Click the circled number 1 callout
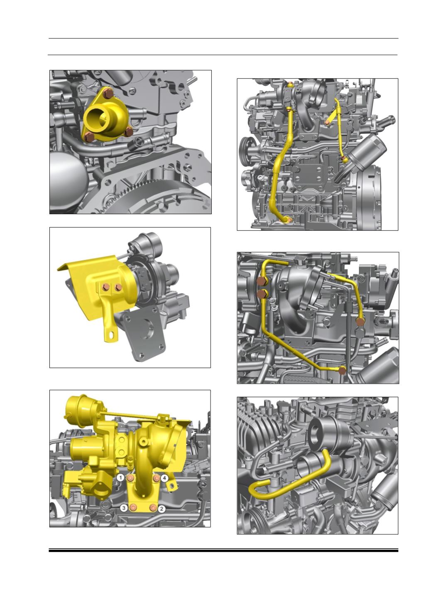[121, 478]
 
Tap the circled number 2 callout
[161, 509]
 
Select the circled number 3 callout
[124, 508]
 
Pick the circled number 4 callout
[164, 478]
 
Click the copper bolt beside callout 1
[130, 478]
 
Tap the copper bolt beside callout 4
[156, 478]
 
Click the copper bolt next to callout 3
[133, 508]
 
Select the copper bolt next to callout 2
[153, 508]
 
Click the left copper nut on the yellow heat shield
[106, 287]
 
